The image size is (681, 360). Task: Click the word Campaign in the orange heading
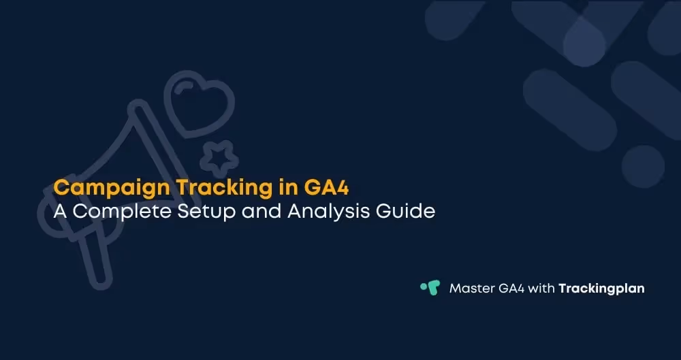pyautogui.click(x=99, y=186)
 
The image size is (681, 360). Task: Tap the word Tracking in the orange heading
pyautogui.click(x=194, y=186)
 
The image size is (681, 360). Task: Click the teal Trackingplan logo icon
pyautogui.click(x=430, y=288)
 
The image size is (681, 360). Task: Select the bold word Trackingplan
pyautogui.click(x=601, y=289)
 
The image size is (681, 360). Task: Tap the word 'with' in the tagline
pyautogui.click(x=543, y=289)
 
